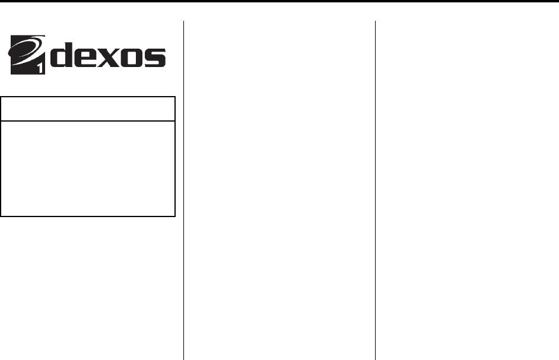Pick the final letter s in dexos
pos(154,58)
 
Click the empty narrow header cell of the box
pos(88,109)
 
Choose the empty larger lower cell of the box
pos(88,168)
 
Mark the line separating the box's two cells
pos(88,122)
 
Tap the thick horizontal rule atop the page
pos(279,2)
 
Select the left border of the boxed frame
pos(2,157)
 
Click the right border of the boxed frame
pos(175,157)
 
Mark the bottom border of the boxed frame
pos(88,215)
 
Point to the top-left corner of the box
pos(2,97)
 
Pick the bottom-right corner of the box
pos(175,215)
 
